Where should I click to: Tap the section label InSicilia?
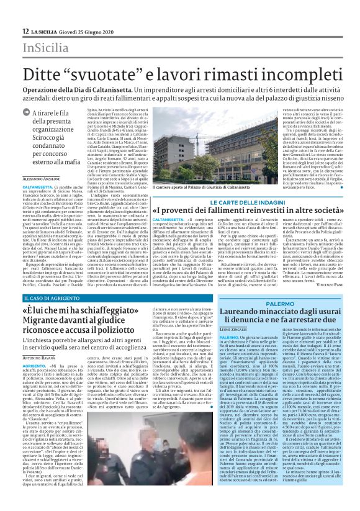tap(41, 48)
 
